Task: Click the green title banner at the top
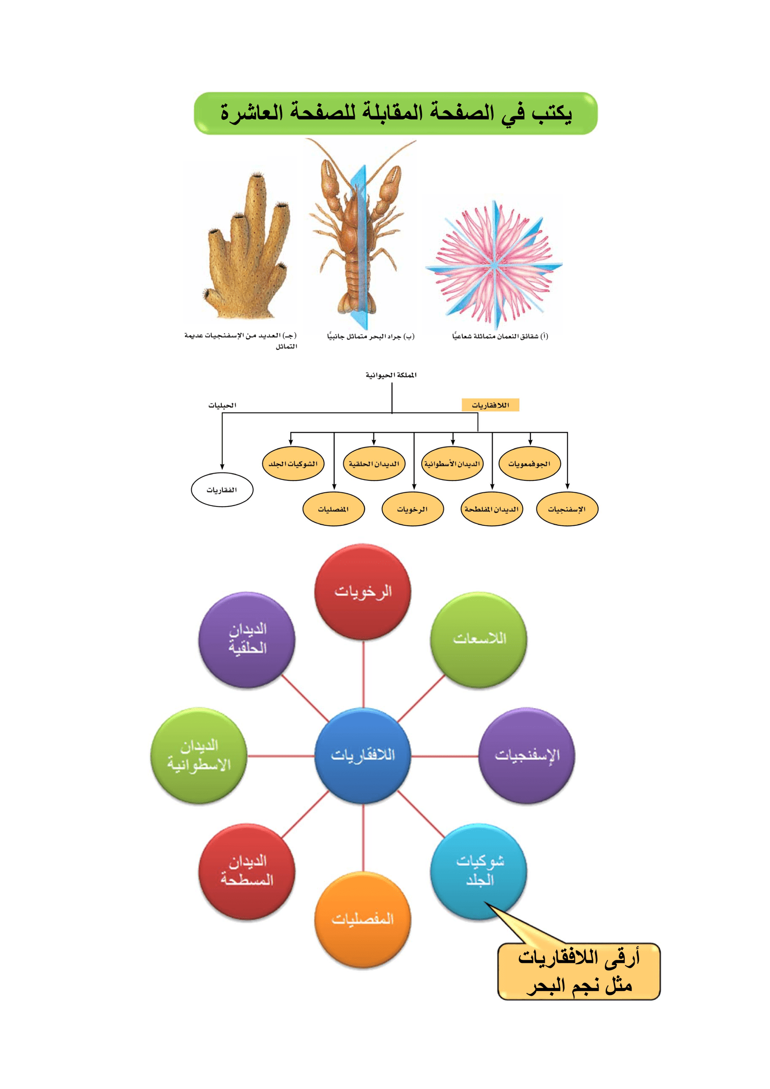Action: (x=395, y=113)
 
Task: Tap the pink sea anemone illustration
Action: (x=494, y=267)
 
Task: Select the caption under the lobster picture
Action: (x=370, y=337)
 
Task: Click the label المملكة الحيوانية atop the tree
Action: (x=391, y=375)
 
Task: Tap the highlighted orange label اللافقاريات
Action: (x=490, y=405)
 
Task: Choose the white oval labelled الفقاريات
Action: (x=222, y=490)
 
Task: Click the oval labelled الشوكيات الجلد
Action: (x=293, y=464)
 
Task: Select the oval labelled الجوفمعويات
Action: (x=530, y=464)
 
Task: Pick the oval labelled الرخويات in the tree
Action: (x=412, y=509)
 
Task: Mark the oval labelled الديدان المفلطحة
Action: (x=491, y=509)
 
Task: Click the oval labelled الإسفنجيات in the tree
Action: (x=567, y=509)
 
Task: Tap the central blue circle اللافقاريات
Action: (x=363, y=755)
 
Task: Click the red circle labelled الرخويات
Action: (x=363, y=591)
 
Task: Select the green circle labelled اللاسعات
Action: (x=479, y=639)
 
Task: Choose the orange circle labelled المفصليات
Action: (x=363, y=919)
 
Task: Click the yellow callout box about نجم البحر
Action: (x=579, y=972)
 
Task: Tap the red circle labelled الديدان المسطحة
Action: (x=247, y=871)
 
